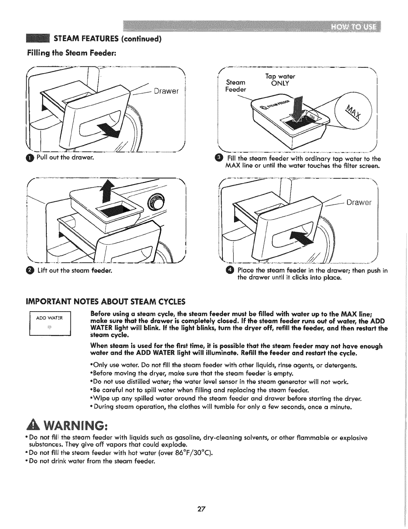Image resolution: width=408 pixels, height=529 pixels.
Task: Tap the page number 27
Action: tap(201, 509)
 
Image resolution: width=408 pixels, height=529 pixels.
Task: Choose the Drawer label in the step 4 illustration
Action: tap(359, 202)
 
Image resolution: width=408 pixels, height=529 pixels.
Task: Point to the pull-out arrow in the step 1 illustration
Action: tap(108, 131)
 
